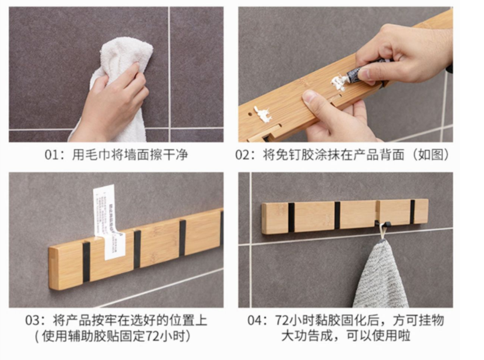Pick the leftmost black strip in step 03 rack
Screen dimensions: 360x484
86,261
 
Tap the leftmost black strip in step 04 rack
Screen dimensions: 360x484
291,216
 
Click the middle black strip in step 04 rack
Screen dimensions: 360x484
337,215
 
